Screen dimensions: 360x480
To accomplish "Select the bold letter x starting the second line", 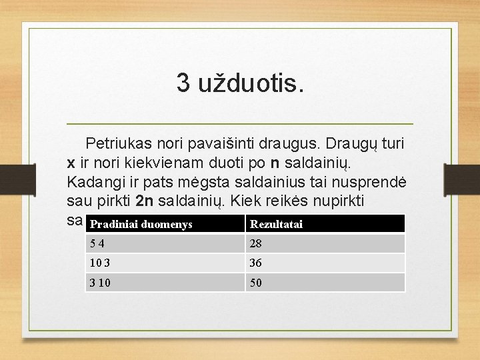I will (71, 162).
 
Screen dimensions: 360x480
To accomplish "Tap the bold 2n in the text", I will (145, 201).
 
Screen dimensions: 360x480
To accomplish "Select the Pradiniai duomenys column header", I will (141, 224).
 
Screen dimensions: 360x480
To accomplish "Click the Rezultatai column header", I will (276, 224).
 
